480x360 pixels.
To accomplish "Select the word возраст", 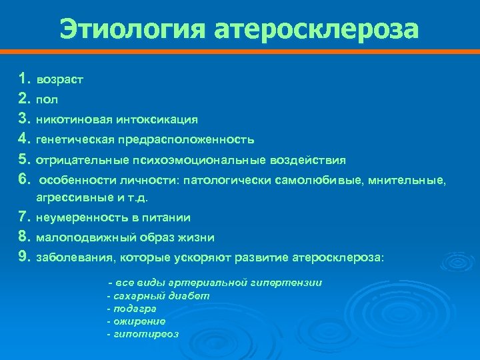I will click(x=59, y=79).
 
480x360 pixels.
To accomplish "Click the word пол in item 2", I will click(x=47, y=99).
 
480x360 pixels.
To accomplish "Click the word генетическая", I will click(x=75, y=139).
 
